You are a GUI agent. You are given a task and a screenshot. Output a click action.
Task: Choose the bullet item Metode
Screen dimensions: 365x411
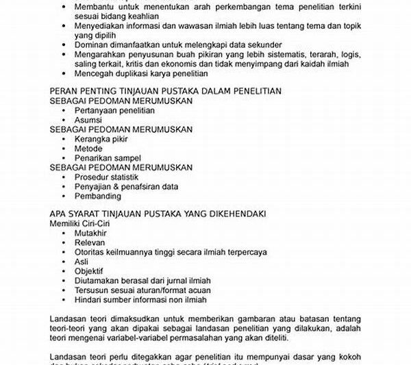click(x=89, y=149)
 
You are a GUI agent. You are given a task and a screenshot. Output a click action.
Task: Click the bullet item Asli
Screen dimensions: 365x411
click(x=82, y=262)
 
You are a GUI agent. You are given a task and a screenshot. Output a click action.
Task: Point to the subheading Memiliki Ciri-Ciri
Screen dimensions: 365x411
click(x=79, y=224)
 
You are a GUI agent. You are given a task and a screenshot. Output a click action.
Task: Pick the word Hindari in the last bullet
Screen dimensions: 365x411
click(x=89, y=299)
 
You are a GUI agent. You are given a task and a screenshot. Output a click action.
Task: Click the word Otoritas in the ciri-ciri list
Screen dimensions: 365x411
click(x=91, y=252)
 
